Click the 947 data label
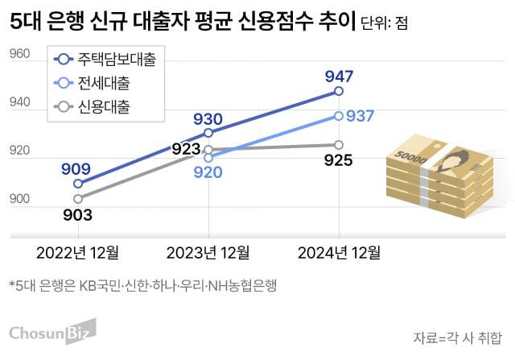(339, 77)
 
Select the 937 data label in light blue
(360, 116)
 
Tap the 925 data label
(339, 160)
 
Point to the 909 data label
(76, 169)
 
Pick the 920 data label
(208, 172)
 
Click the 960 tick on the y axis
(19, 55)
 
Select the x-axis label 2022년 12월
(77, 253)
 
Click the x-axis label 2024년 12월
(339, 253)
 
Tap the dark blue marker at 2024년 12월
(339, 92)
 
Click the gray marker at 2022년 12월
(78, 198)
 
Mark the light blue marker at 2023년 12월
(208, 158)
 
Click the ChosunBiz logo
(51, 332)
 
